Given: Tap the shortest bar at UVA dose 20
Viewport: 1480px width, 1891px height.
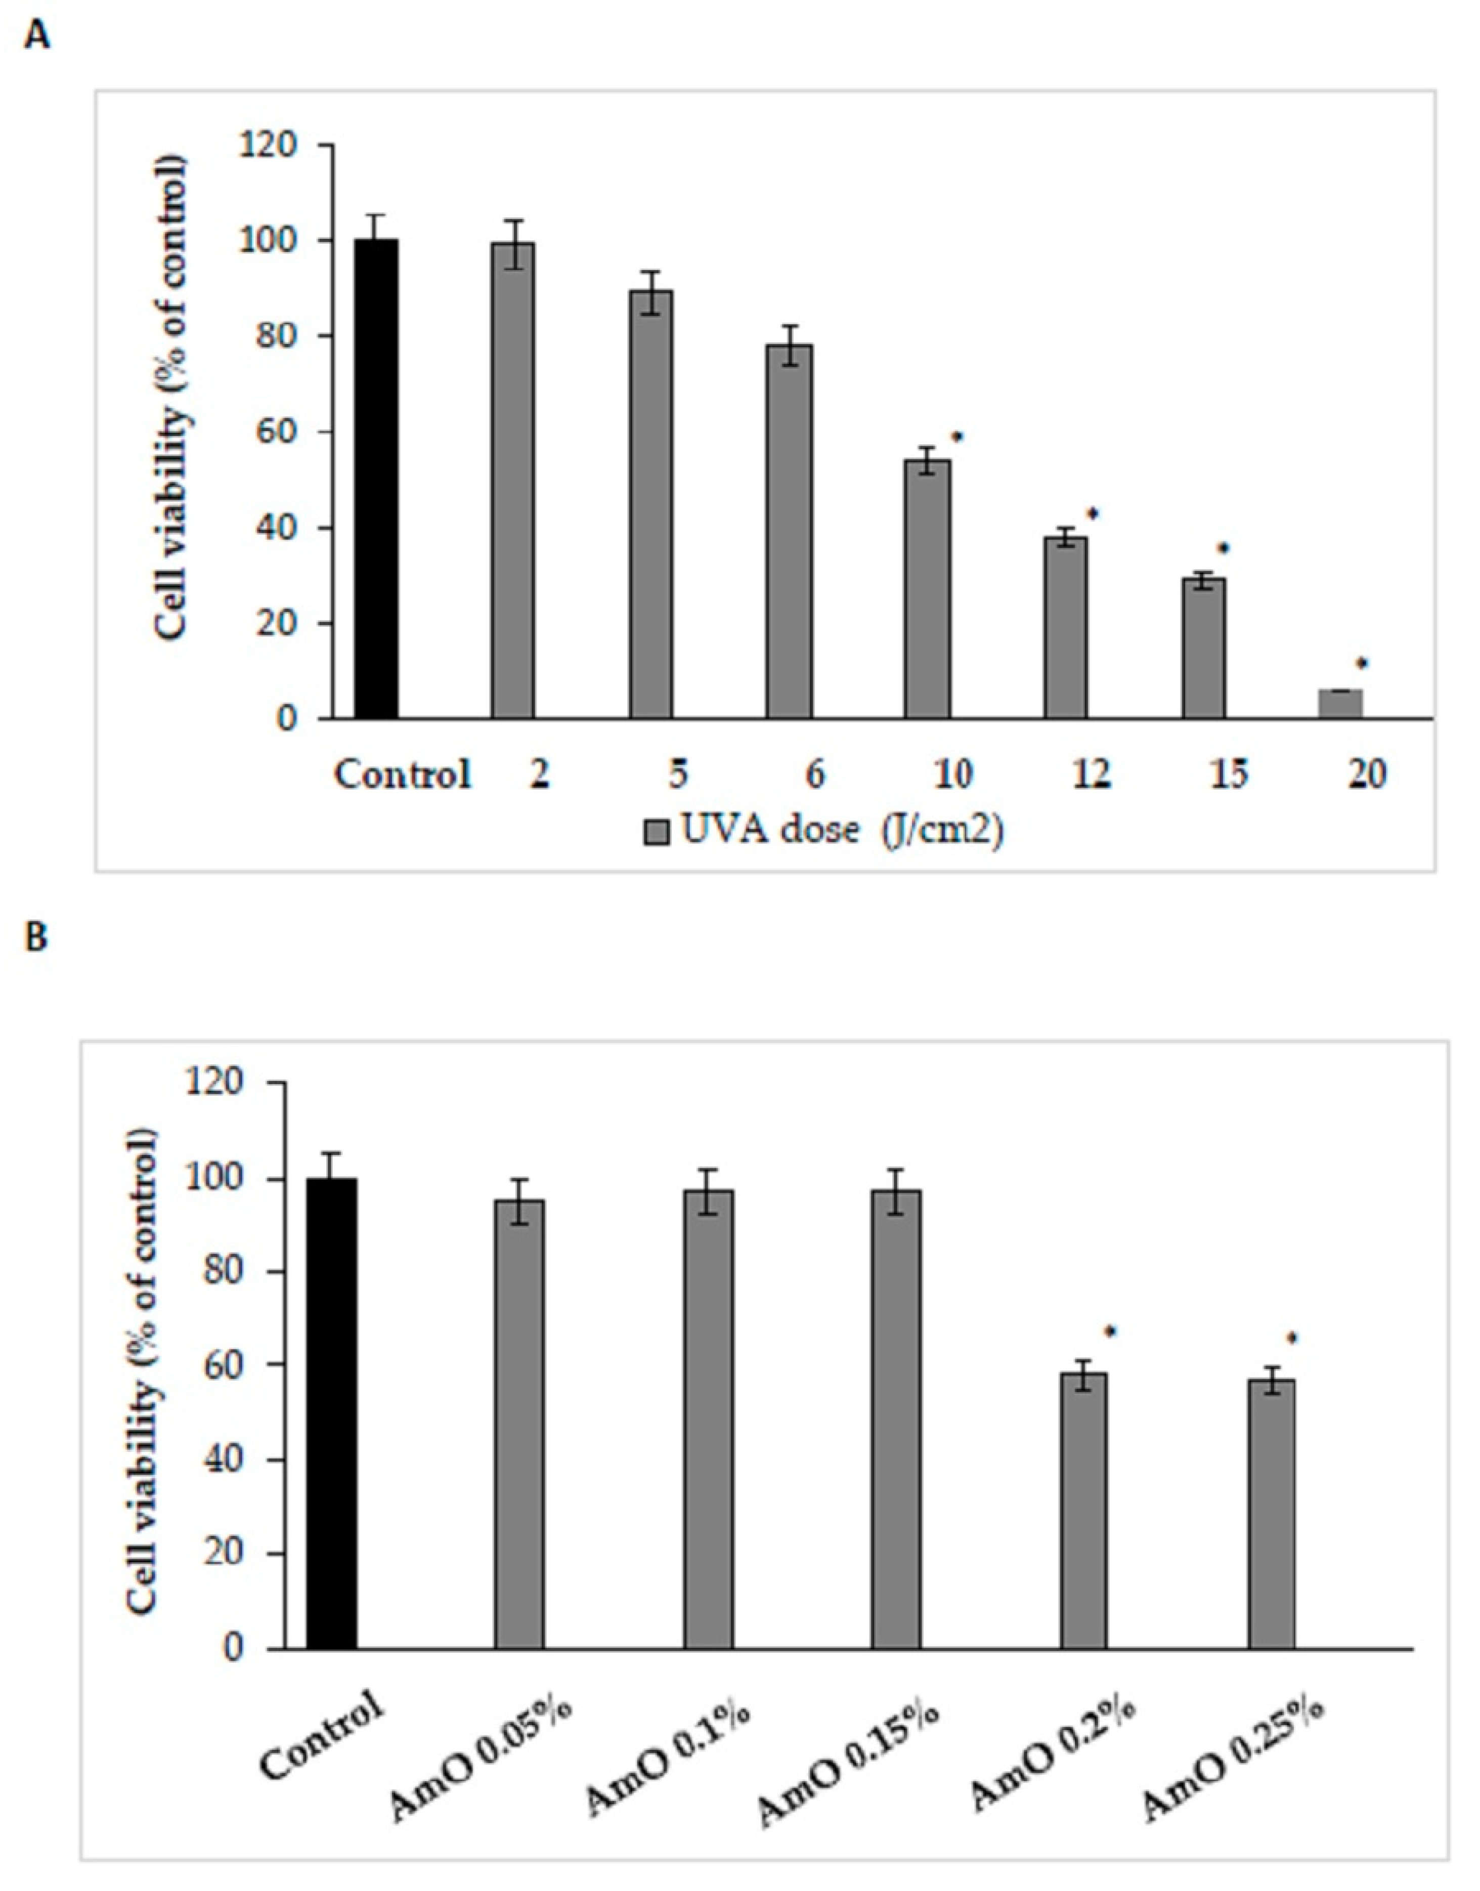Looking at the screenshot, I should (1340, 704).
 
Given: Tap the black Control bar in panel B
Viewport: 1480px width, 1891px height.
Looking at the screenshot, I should (333, 1412).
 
